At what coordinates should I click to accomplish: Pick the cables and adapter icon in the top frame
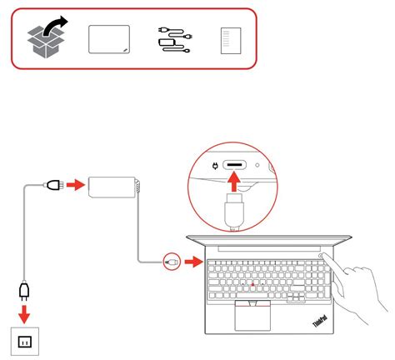click(173, 39)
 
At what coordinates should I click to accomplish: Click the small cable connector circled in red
click(172, 261)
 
